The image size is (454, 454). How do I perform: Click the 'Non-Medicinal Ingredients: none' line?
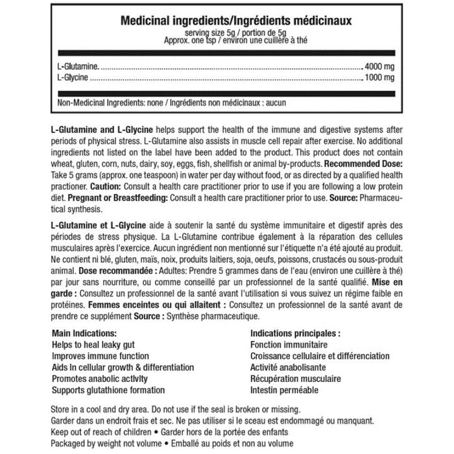[172, 103]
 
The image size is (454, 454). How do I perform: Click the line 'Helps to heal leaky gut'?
[94, 344]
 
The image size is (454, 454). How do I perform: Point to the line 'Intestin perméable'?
[283, 391]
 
